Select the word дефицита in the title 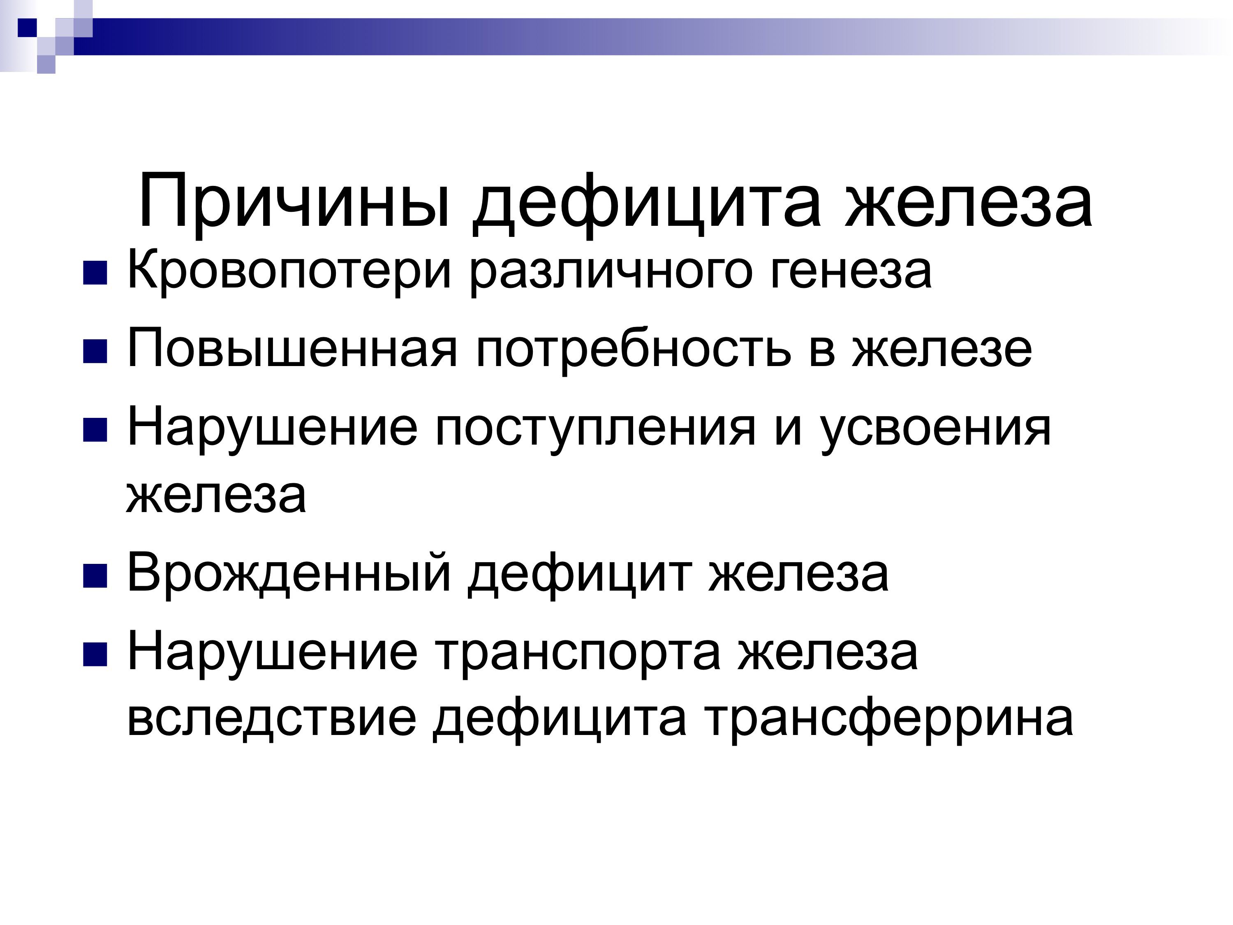pos(647,202)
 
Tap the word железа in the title pos(969,202)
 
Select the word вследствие pos(272,719)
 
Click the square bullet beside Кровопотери pos(95,273)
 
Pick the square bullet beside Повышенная pos(95,352)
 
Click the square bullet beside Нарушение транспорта pos(95,655)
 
